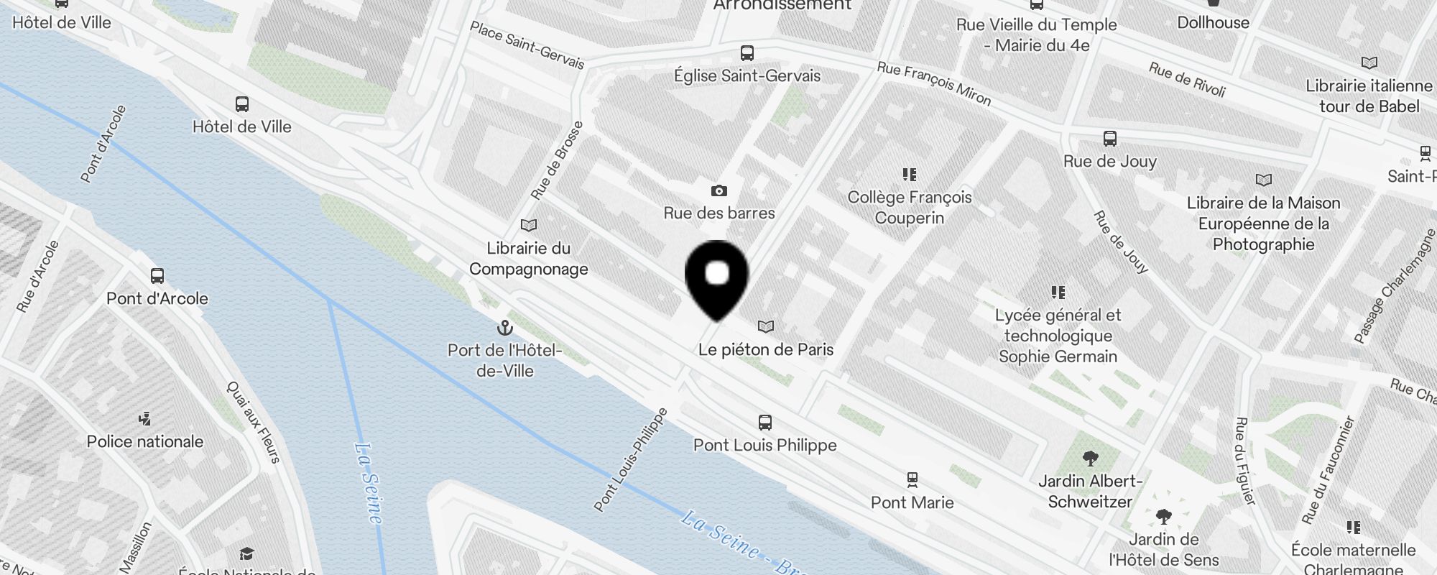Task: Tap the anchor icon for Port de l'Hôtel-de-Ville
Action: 505,328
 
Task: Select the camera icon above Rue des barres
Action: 718,190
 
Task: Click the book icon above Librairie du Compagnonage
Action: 529,226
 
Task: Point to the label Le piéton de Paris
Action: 766,350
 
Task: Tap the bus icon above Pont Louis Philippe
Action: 765,422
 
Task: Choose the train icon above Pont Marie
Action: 912,479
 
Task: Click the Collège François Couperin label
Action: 910,207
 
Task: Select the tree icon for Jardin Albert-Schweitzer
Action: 1090,458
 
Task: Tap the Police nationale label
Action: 145,441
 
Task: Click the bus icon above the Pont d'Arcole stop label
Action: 157,275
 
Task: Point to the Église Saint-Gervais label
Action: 747,75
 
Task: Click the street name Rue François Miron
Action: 934,84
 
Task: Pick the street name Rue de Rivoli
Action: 1187,80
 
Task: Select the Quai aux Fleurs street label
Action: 253,422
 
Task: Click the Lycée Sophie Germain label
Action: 1058,336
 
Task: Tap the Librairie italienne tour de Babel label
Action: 1369,96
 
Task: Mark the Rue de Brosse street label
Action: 557,161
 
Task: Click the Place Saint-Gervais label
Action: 527,45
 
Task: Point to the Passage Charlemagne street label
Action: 1395,286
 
